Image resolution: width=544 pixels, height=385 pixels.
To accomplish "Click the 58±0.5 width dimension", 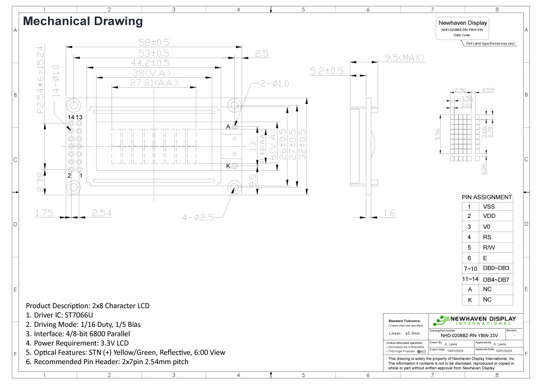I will (154, 42).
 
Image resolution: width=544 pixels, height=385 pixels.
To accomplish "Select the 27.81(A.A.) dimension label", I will (154, 83).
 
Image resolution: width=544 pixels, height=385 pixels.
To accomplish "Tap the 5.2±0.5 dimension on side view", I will (326, 71).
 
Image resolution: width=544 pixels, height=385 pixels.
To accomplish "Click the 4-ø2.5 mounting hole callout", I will (198, 217).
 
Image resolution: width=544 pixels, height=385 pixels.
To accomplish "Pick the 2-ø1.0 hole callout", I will (275, 84).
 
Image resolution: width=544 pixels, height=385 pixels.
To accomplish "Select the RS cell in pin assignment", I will (487, 237).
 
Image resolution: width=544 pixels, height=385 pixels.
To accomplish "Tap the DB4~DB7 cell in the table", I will (496, 280).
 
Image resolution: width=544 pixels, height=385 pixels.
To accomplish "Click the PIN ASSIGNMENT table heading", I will (487, 197).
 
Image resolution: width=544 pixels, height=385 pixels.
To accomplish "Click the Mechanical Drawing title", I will (83, 21).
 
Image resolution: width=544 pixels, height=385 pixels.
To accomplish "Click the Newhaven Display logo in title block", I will (475, 320).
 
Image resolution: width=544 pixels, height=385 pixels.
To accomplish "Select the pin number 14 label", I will (71, 117).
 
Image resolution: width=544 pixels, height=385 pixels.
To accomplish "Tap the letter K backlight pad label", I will (228, 166).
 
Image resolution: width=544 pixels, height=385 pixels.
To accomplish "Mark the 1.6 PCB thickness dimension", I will (389, 213).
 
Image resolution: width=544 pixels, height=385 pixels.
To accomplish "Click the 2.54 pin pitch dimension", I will (102, 213).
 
